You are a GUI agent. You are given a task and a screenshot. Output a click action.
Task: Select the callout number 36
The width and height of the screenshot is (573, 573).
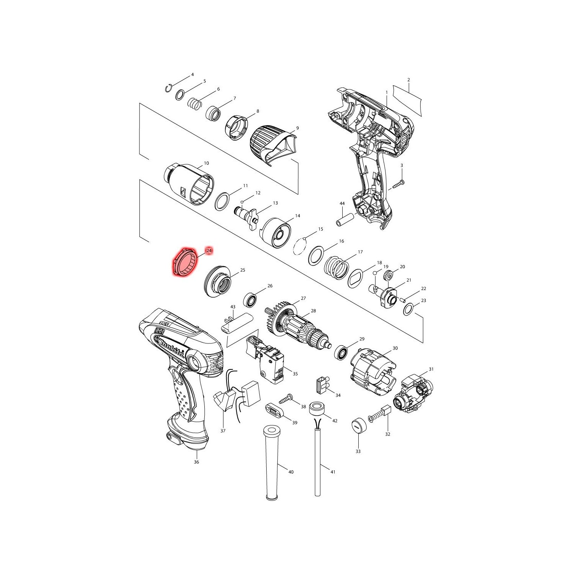(x=196, y=462)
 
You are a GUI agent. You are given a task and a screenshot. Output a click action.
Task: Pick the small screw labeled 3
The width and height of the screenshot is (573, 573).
(x=398, y=185)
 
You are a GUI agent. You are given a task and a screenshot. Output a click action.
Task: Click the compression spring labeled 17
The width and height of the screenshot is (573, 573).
(x=337, y=265)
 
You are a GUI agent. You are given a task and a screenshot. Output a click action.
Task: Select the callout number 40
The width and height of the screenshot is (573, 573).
(x=291, y=472)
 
